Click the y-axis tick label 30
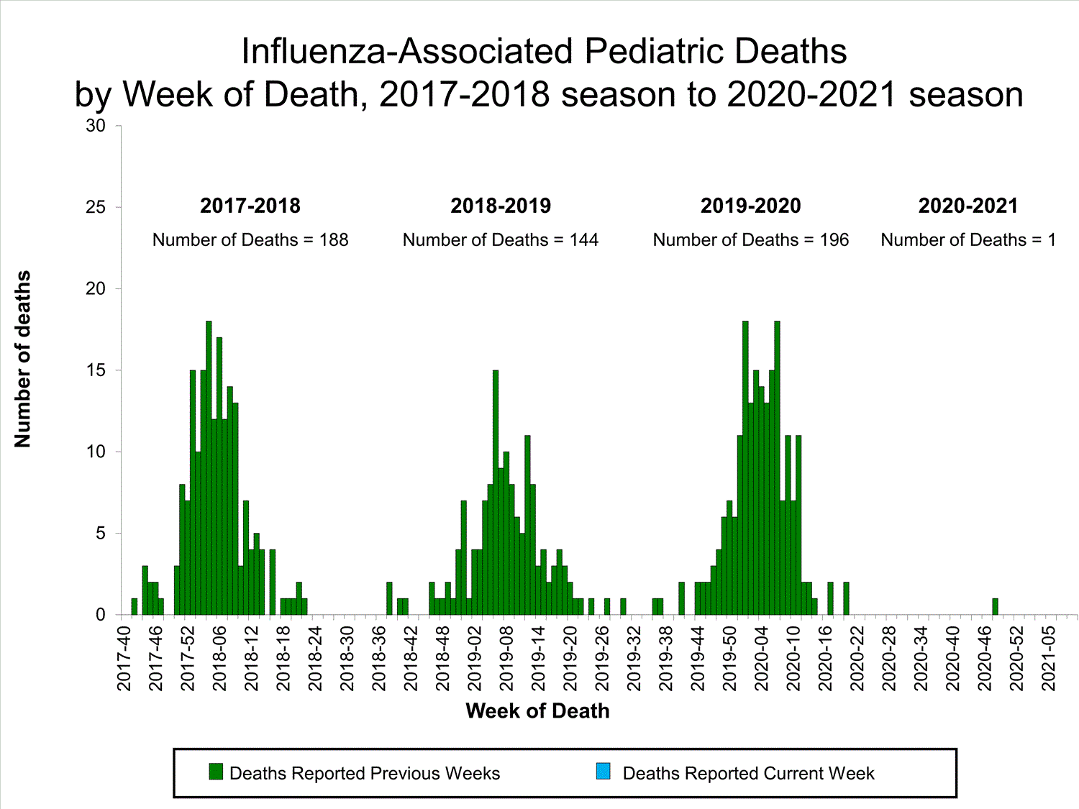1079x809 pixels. [x=96, y=126]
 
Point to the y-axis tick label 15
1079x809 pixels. [x=96, y=370]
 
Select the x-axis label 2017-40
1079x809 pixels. [x=124, y=658]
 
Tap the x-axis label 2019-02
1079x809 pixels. [x=475, y=658]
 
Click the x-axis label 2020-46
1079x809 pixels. [x=985, y=658]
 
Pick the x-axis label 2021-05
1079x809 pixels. [x=1048, y=658]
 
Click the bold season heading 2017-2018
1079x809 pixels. [x=250, y=206]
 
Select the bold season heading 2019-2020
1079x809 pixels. [x=750, y=206]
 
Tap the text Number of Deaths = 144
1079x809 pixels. [x=501, y=240]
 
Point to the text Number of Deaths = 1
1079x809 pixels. [x=968, y=240]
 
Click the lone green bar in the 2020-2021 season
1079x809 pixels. [x=995, y=607]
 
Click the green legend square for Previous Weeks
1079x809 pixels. [x=216, y=772]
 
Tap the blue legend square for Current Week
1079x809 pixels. [x=603, y=772]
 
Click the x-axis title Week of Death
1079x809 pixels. [x=537, y=711]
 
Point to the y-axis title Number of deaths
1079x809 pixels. [x=23, y=359]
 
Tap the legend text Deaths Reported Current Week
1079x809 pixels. [x=748, y=774]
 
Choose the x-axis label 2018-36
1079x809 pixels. [x=379, y=658]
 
